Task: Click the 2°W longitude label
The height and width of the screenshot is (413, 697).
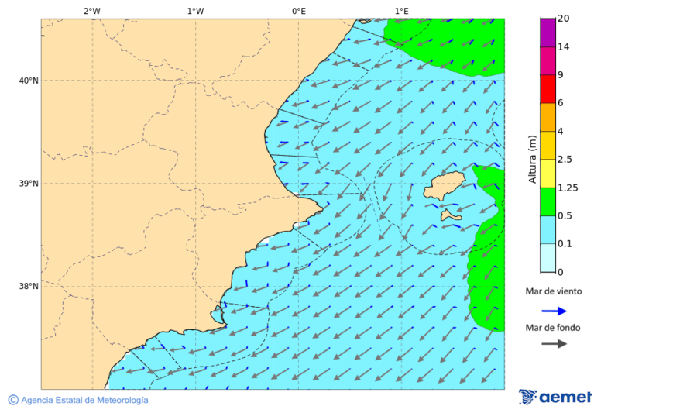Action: point(91,11)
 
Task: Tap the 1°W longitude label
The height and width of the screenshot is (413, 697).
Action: point(195,11)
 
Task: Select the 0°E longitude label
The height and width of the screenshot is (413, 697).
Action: point(298,11)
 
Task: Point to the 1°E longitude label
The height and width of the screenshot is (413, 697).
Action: point(401,11)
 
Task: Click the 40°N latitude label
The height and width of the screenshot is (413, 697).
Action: point(29,81)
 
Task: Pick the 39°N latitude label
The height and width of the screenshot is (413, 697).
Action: point(29,184)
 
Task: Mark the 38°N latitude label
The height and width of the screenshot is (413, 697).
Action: point(29,286)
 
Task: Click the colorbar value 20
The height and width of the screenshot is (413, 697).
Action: point(564,19)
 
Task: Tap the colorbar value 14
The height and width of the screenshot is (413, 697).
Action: point(564,47)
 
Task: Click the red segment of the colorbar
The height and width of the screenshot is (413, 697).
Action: point(548,89)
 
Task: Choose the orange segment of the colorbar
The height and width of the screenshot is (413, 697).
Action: point(548,117)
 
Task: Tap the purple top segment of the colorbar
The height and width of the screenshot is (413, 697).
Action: point(548,33)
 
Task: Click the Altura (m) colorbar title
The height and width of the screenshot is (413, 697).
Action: point(532,158)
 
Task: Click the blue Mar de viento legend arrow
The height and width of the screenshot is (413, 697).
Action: point(554,311)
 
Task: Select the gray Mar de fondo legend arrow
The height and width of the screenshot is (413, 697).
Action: point(554,344)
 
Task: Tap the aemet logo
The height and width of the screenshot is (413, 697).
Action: point(555,397)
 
